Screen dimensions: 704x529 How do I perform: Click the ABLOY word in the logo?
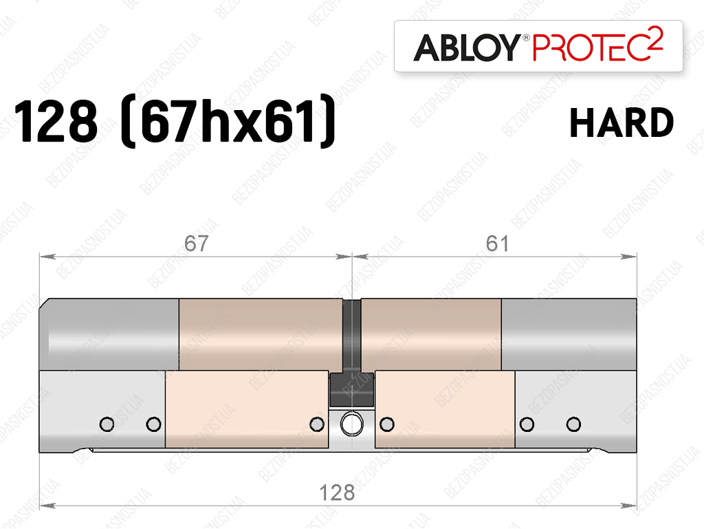(467, 47)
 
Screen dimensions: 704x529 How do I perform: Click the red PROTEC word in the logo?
(588, 47)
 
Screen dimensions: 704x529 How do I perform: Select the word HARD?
(621, 122)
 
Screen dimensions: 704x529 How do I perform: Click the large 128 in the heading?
(56, 121)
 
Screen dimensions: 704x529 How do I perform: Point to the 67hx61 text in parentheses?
(228, 121)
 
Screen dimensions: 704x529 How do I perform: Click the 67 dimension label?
(196, 244)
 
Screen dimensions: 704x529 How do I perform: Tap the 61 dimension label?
(498, 244)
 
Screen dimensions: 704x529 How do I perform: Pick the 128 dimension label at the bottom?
(337, 493)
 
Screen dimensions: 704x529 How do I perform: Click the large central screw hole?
(352, 424)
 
